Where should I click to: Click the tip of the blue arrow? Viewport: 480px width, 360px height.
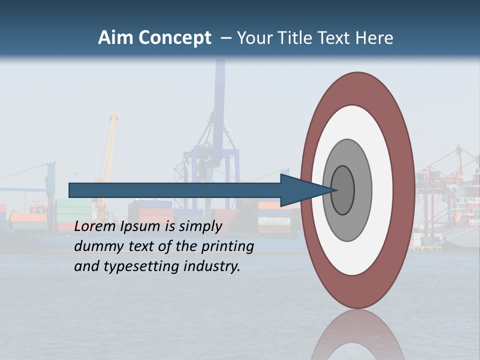(x=336, y=190)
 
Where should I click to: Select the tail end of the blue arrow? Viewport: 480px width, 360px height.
(x=70, y=190)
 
